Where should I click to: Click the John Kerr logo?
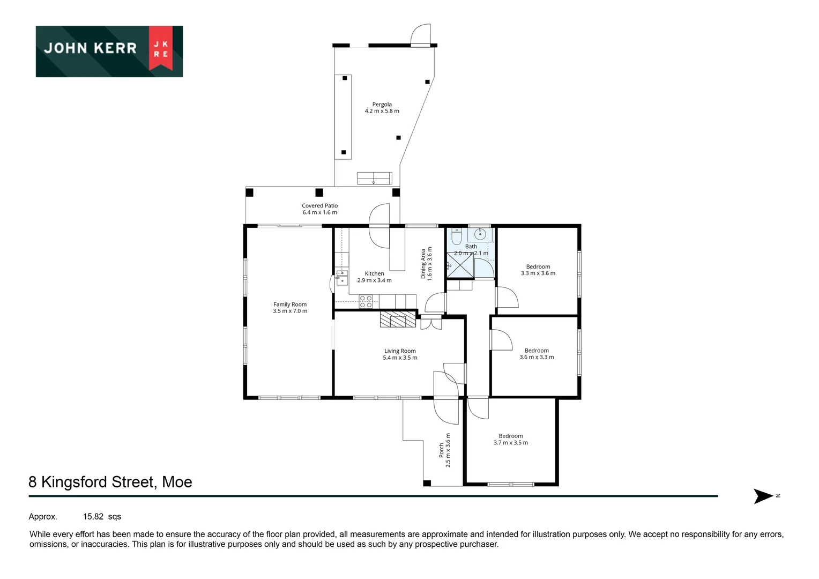click(109, 51)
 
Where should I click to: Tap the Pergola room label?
click(382, 108)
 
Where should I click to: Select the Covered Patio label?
click(319, 209)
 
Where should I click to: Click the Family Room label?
click(290, 307)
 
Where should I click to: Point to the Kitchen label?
click(374, 277)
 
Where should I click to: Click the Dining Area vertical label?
click(426, 263)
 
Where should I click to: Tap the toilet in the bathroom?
click(456, 236)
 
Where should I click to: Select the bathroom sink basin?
click(481, 234)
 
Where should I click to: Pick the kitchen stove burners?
click(366, 301)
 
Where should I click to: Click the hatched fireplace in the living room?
click(398, 319)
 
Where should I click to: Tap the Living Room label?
click(400, 354)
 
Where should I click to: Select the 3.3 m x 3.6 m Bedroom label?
click(538, 270)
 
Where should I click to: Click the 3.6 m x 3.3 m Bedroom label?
click(537, 354)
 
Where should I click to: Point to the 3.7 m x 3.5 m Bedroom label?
click(510, 439)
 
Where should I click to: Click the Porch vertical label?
click(445, 450)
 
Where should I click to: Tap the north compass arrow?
click(763, 496)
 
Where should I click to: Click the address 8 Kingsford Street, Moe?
click(110, 482)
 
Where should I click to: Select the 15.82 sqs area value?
click(102, 517)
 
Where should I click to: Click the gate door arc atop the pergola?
click(421, 34)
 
